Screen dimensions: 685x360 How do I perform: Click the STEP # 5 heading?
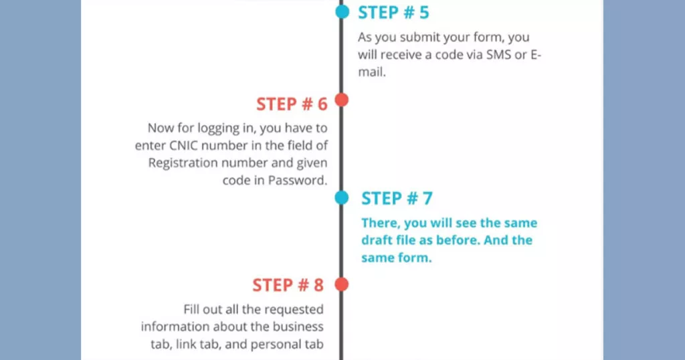coord(393,13)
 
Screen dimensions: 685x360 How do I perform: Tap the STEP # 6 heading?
coord(292,104)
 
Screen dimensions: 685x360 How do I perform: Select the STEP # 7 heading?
coord(397,198)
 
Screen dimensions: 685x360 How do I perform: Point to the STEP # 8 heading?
coord(288,285)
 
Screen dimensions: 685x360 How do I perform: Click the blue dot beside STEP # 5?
coord(342,12)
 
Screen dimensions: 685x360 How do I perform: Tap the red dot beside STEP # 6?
coord(342,100)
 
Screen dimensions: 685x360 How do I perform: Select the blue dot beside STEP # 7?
coord(342,197)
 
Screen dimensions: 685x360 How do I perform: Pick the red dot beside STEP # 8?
coord(342,284)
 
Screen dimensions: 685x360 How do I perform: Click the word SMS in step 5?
coord(498,55)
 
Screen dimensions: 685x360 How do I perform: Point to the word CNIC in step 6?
coord(184,145)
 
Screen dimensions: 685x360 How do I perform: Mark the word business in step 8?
coord(298,327)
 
